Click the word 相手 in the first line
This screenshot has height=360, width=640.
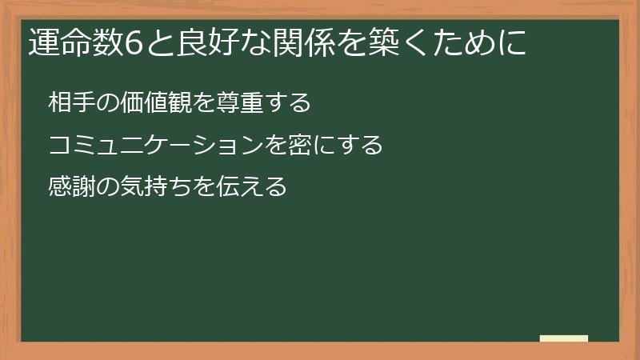coord(70,103)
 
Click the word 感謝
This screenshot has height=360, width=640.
coord(70,188)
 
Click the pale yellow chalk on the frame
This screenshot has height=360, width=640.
coord(564,338)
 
